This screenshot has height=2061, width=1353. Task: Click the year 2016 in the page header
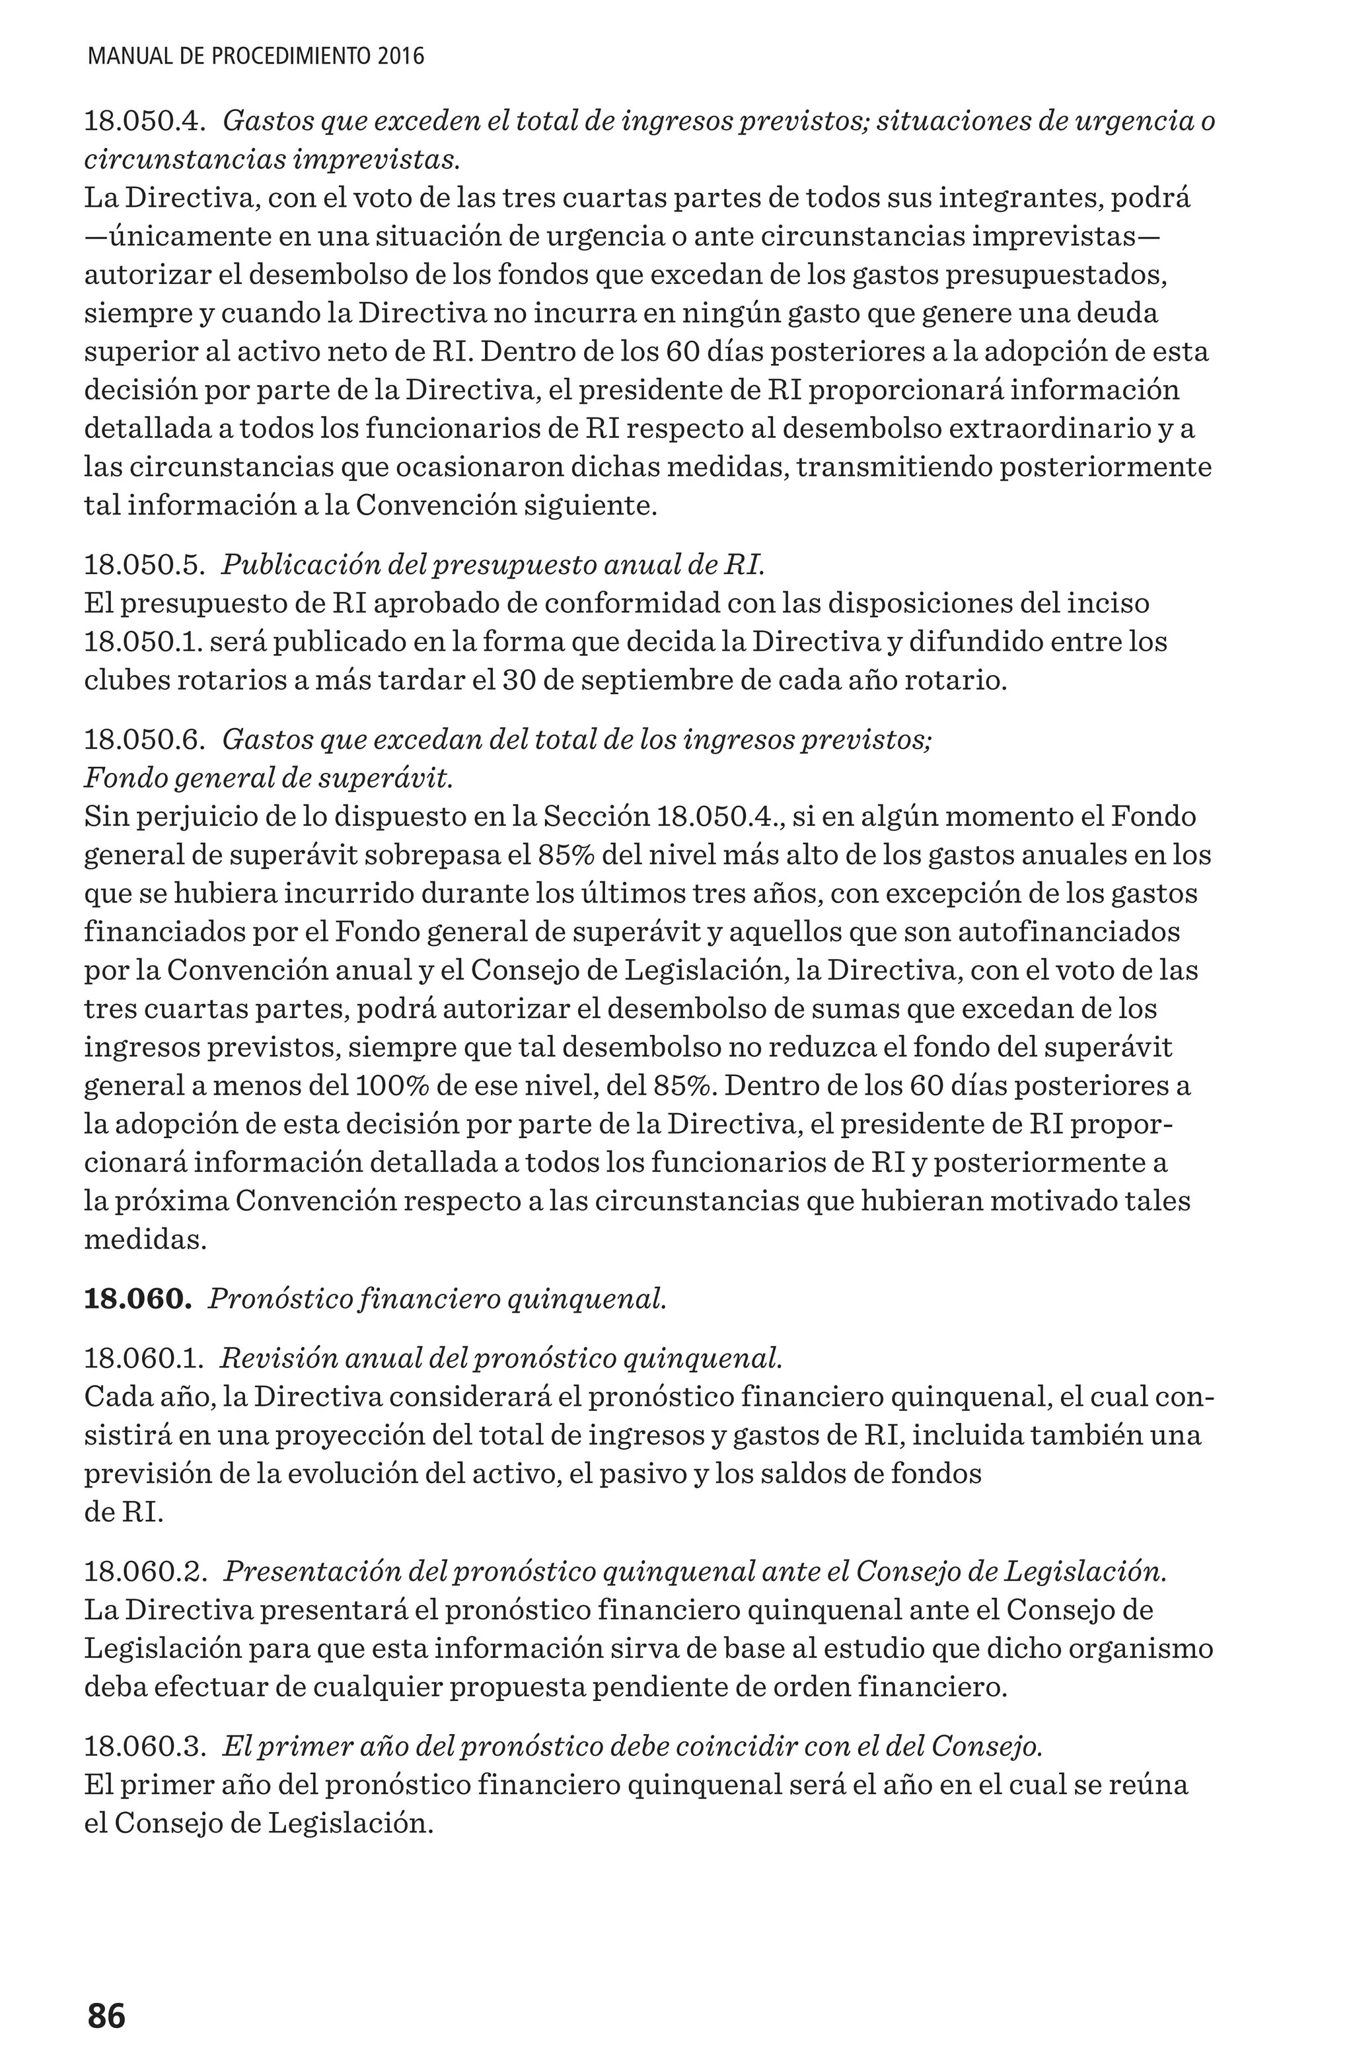coord(401,57)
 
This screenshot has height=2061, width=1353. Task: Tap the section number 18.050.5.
coord(144,565)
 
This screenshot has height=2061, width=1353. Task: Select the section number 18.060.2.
coord(145,1572)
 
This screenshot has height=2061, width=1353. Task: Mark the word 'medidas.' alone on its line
coord(145,1240)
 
